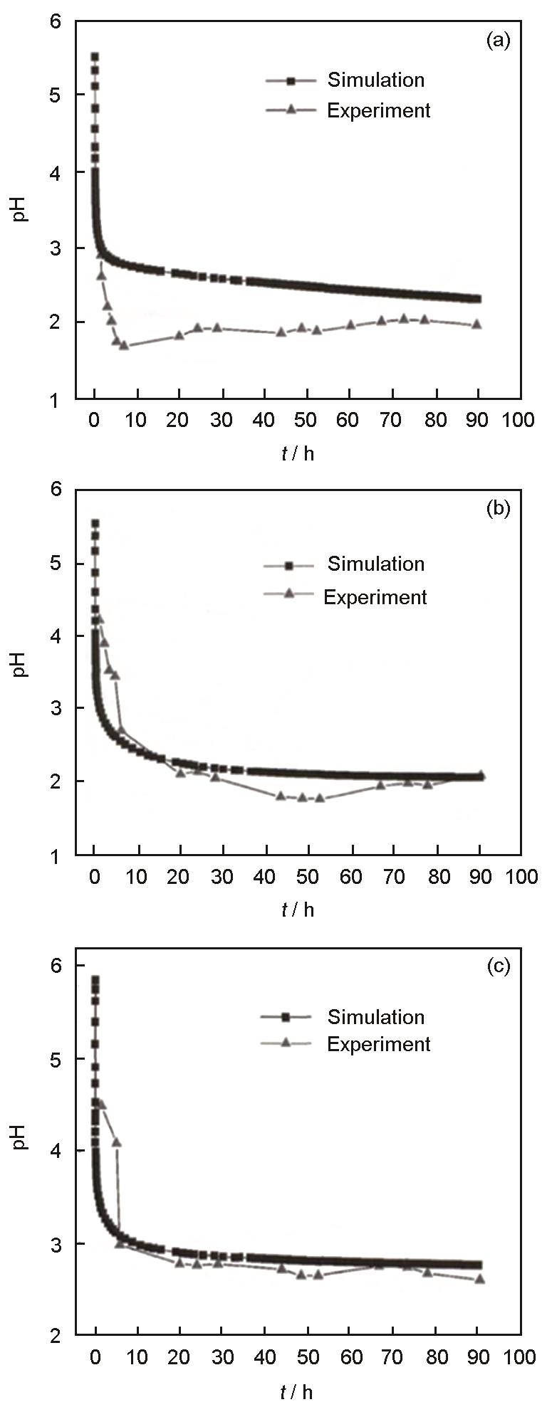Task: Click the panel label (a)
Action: [x=498, y=41]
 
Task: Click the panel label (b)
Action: [x=498, y=509]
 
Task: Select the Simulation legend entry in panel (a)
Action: [x=375, y=80]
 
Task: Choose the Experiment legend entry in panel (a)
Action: [x=378, y=111]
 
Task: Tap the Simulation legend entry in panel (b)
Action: [x=375, y=564]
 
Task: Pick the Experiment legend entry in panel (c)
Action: [x=378, y=1044]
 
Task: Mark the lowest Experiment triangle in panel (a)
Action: [x=124, y=346]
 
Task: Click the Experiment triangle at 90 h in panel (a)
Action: [x=477, y=325]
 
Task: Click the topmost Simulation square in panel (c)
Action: [x=95, y=980]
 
